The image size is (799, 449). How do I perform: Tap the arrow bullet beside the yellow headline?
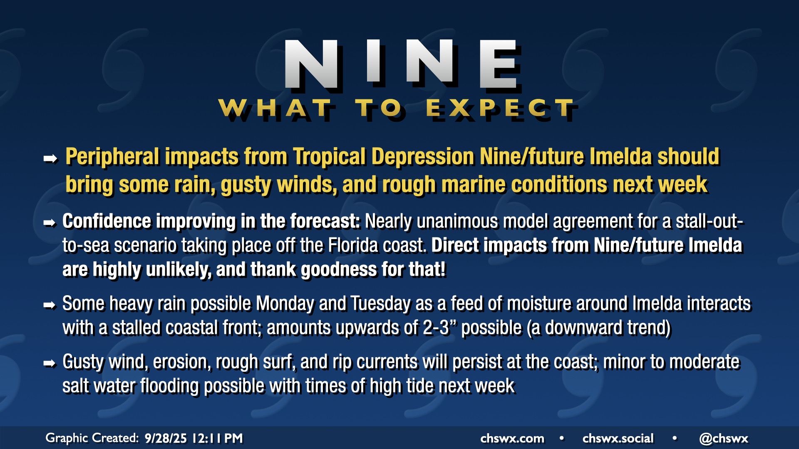(50, 158)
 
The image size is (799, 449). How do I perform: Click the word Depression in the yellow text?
(423, 157)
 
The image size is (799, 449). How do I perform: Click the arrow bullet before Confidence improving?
(50, 223)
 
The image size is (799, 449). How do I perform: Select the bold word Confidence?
(107, 221)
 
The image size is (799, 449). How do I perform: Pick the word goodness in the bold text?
(339, 270)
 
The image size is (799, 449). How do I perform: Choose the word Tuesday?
(380, 303)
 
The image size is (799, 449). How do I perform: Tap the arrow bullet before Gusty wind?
(50, 363)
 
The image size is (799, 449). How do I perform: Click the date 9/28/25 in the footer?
(166, 438)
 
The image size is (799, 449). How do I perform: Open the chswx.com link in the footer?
(512, 439)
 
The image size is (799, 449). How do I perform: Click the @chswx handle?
(724, 439)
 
